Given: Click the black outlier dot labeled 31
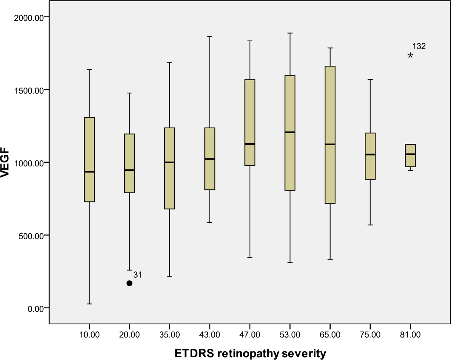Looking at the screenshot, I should coord(129,283).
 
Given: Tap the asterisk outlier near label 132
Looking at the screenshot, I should coord(410,55).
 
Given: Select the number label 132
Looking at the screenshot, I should coord(419,47).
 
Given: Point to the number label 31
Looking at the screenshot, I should coord(138,275).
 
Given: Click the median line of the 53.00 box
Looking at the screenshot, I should coord(290,132).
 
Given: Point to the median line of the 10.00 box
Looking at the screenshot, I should coord(89,172).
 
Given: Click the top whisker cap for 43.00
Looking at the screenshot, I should coord(209,36).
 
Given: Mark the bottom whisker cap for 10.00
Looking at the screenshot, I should coord(89,304).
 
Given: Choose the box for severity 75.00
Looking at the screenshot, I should coord(370,156).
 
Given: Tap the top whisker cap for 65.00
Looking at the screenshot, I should coord(330,48).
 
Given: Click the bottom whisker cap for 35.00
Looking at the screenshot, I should coord(169,277).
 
